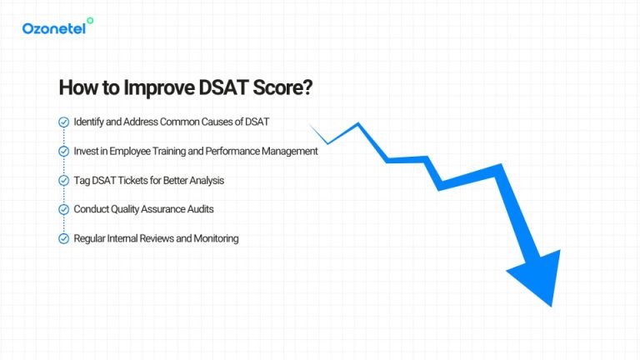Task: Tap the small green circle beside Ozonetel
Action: (90, 21)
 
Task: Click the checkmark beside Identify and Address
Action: (63, 122)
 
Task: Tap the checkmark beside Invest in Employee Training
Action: (63, 151)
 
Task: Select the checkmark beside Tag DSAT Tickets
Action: (63, 180)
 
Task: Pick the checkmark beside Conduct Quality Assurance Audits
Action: (63, 209)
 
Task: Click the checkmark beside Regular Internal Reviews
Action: (63, 238)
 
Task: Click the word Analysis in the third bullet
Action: (206, 180)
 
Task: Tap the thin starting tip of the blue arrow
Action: (312, 127)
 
